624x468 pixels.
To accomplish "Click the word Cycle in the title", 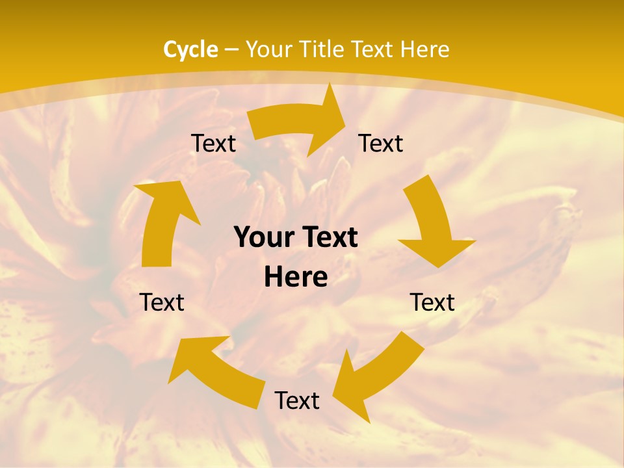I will [x=190, y=49].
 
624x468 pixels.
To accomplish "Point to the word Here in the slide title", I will [x=424, y=49].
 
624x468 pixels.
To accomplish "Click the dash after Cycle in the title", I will [x=231, y=50].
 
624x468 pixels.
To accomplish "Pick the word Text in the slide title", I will [x=375, y=49].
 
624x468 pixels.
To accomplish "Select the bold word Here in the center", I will [x=296, y=278].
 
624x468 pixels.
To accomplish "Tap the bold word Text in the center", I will [x=329, y=237].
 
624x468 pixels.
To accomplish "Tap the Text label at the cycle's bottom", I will [x=297, y=400].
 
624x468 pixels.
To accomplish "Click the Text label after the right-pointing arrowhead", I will [x=381, y=143].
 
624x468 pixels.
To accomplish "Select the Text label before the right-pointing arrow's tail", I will [x=213, y=143].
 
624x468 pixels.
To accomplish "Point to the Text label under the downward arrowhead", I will [x=432, y=302].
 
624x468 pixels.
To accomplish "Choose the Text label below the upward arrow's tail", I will [x=162, y=302].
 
